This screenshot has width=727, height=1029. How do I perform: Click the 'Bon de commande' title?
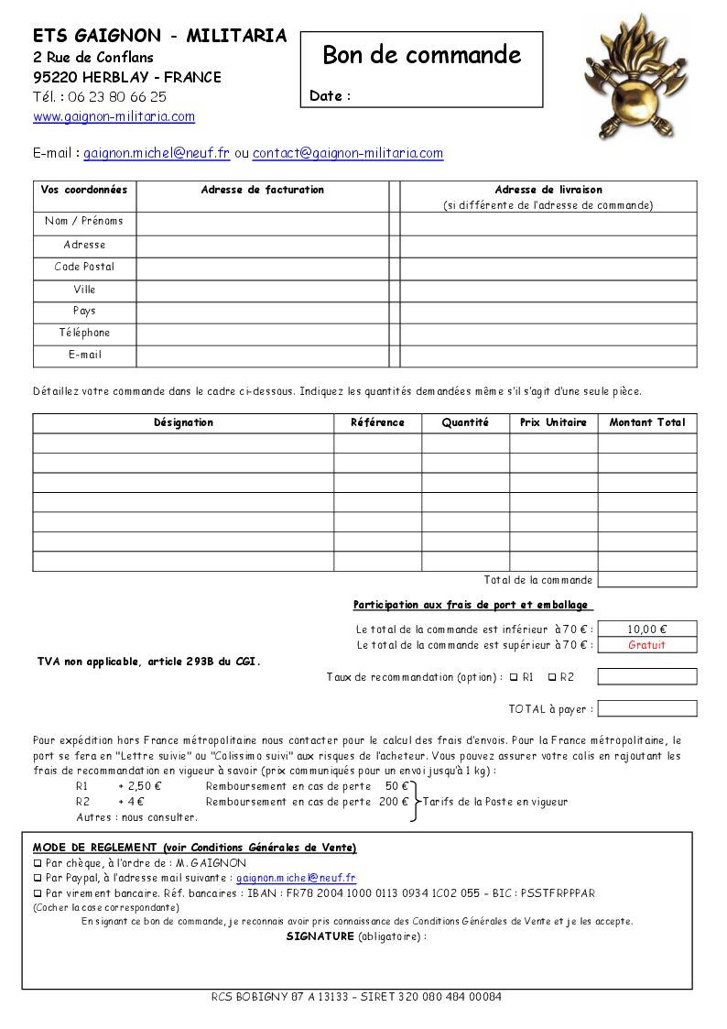point(421,55)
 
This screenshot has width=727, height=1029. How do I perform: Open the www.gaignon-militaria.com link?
point(114,116)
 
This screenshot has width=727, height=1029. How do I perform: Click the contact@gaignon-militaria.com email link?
point(348,154)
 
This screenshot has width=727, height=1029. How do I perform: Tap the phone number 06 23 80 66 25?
point(115,96)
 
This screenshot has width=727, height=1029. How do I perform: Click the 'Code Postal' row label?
point(84,267)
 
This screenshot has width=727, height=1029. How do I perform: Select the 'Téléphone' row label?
point(84,333)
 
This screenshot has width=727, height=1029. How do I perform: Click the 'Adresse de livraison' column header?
point(548,190)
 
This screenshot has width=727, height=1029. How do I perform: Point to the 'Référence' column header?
point(377,422)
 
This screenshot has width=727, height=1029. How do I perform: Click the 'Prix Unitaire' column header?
point(553,422)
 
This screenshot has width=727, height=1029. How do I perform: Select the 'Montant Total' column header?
point(646,422)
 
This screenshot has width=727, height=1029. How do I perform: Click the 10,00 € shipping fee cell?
point(646,629)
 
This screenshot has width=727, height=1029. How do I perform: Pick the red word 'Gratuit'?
point(646,645)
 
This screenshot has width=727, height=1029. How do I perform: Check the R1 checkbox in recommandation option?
point(514,677)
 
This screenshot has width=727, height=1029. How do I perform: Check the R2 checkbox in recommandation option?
point(552,677)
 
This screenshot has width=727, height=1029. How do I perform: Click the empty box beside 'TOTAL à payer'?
point(646,708)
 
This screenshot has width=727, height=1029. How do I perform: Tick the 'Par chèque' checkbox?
point(38,863)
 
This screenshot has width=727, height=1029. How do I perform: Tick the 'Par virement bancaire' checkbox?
point(38,893)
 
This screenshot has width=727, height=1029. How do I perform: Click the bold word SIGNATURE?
point(320,936)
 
